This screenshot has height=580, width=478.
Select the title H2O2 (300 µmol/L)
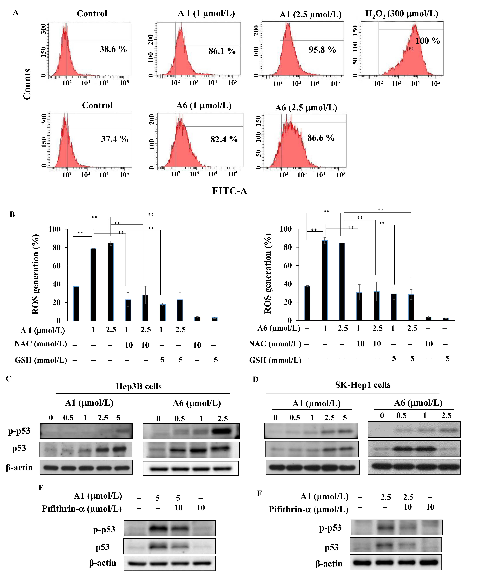[401, 14]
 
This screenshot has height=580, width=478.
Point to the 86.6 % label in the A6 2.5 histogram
[321, 138]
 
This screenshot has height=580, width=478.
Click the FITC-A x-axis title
[230, 191]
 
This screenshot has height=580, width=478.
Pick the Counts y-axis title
[27, 84]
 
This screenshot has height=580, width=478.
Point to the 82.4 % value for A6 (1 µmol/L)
[224, 140]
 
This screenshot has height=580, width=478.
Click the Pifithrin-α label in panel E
[82, 509]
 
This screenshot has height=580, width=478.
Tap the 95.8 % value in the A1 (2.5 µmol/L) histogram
[322, 50]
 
